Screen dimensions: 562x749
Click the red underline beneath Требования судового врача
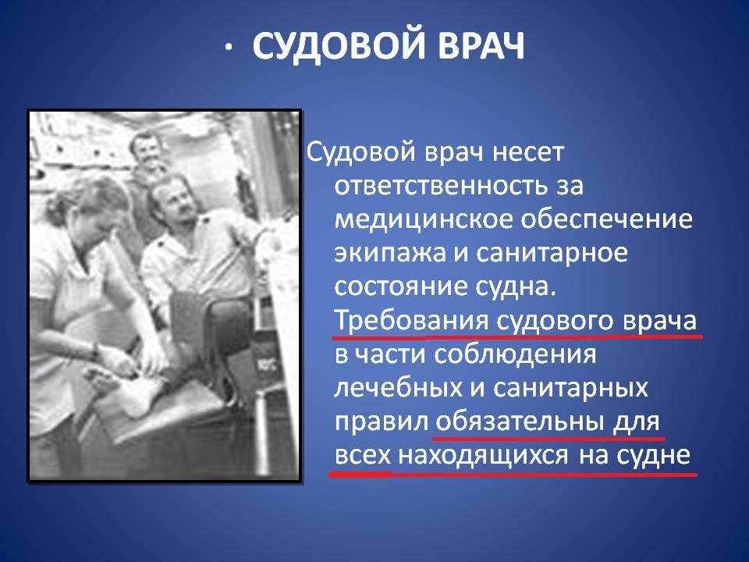click(515, 337)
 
